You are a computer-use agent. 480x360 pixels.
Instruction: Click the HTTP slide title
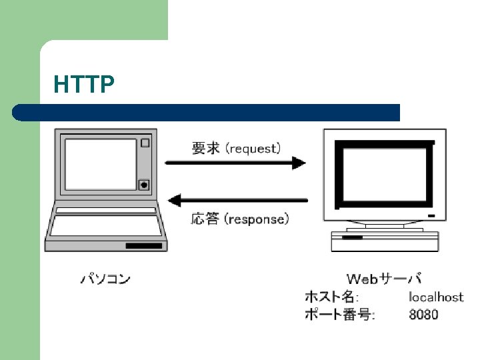[84, 85]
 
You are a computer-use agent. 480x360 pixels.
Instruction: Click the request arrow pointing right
[235, 163]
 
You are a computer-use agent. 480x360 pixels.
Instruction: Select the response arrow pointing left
[237, 199]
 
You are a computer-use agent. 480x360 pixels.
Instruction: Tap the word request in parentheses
[254, 148]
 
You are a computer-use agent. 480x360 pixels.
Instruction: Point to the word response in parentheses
[257, 219]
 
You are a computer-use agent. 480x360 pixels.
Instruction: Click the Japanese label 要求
[206, 148]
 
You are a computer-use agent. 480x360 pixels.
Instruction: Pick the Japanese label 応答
[205, 219]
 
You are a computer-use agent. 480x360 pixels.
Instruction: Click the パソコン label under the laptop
[105, 279]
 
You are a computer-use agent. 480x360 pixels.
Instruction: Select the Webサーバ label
[384, 279]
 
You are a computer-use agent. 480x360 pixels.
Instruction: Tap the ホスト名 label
[331, 297]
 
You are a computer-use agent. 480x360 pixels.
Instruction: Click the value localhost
[436, 297]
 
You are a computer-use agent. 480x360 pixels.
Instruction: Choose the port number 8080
[424, 314]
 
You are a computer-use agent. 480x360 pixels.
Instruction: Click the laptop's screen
[100, 164]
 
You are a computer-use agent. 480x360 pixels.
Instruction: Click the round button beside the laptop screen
[143, 185]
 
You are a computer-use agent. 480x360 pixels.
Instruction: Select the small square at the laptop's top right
[145, 142]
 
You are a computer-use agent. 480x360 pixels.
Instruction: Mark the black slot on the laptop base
[143, 246]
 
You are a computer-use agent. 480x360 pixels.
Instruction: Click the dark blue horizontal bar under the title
[207, 112]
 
